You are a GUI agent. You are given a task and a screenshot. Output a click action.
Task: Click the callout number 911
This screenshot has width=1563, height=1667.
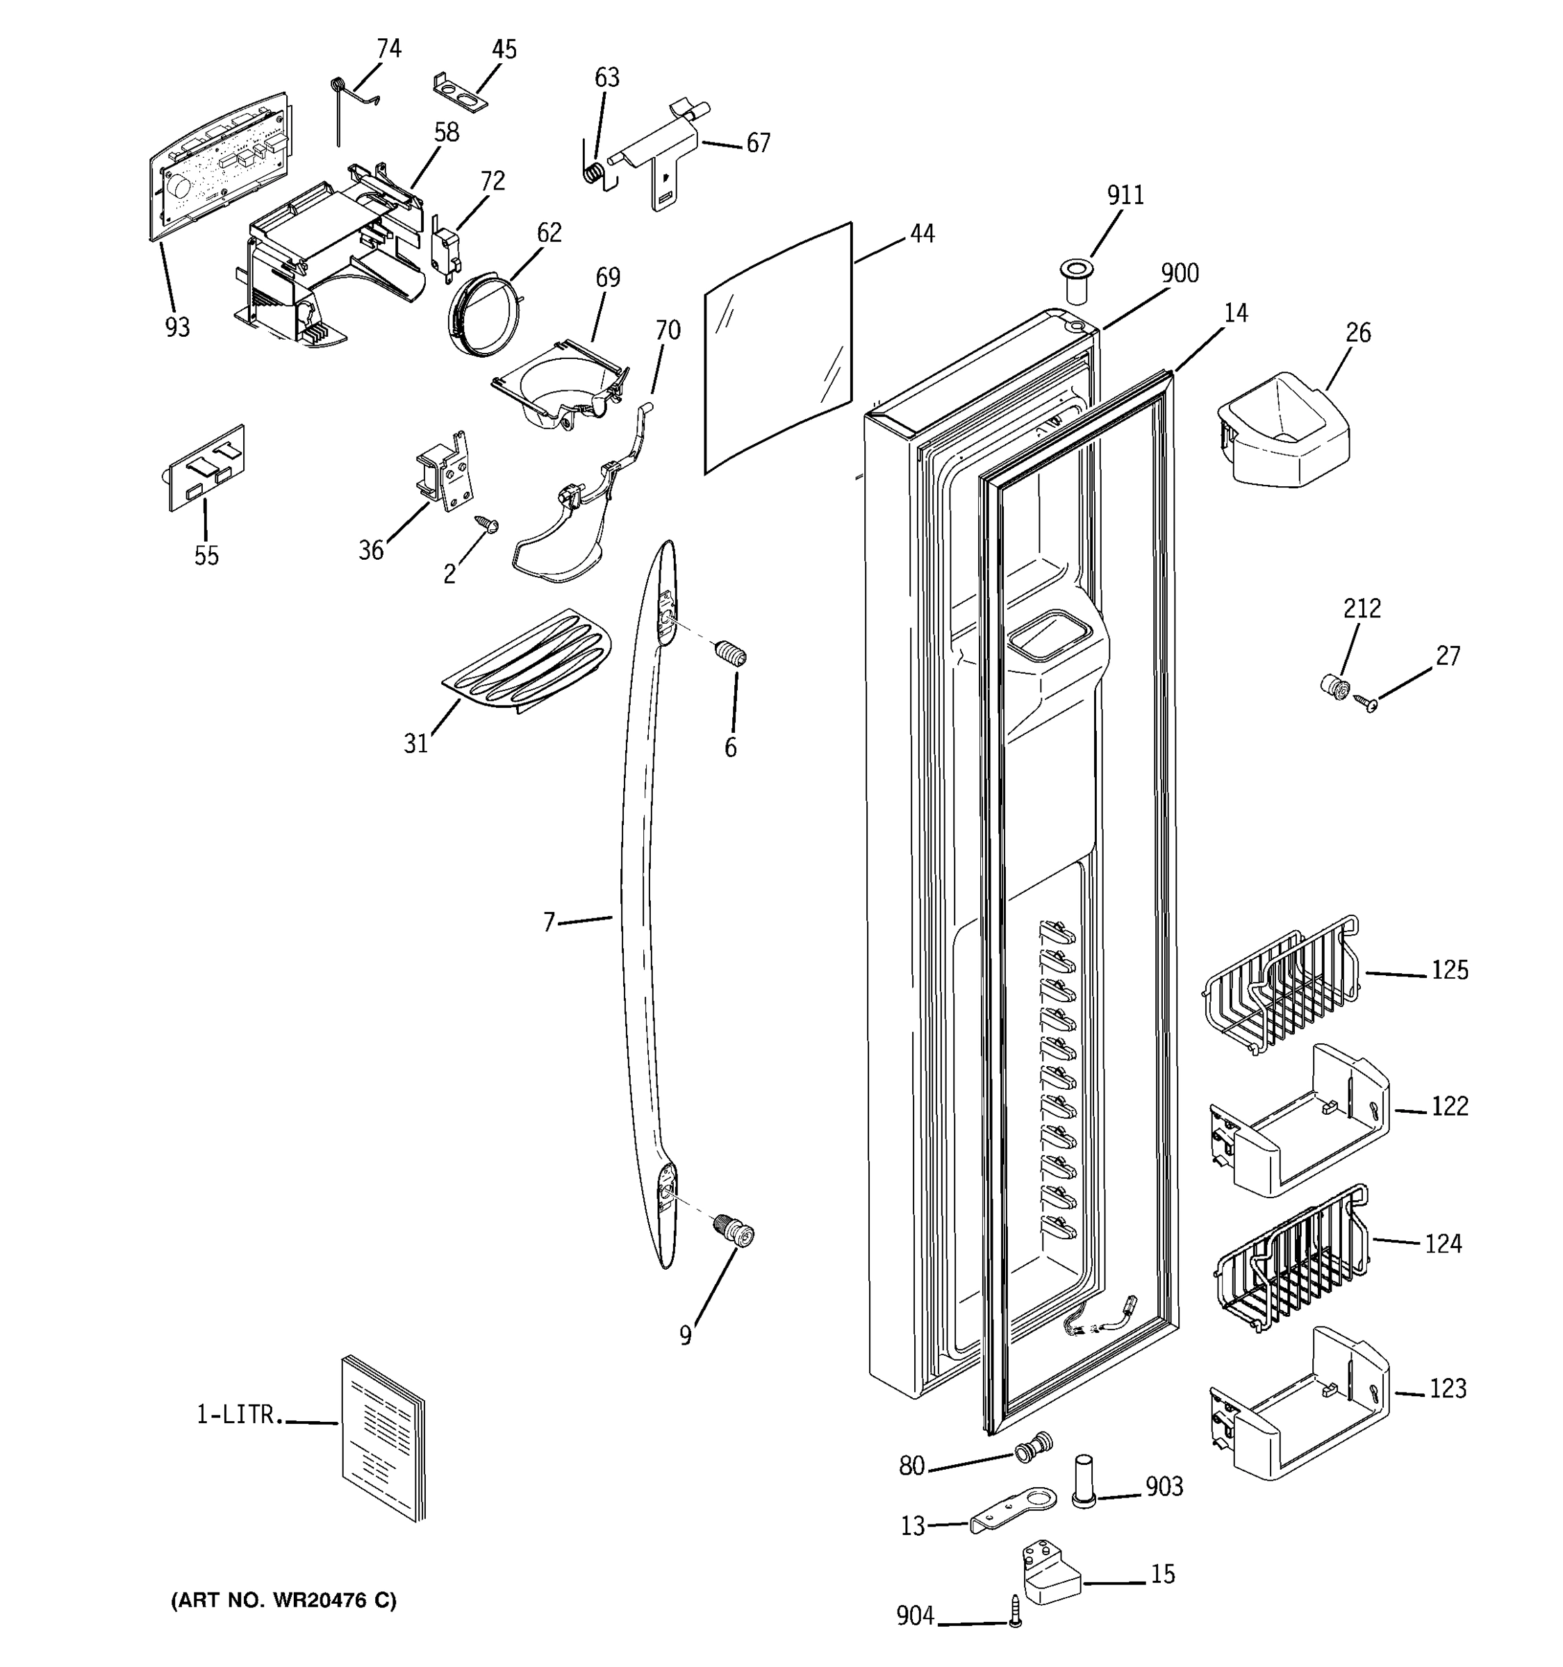[1125, 195]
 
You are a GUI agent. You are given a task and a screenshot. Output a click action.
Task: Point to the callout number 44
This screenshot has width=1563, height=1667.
[922, 234]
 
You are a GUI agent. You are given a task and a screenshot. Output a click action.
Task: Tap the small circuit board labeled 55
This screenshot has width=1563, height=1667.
[206, 468]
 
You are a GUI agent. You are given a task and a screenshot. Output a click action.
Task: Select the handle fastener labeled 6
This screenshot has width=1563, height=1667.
[730, 652]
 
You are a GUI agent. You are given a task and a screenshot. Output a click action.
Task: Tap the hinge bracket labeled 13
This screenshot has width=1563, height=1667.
[1012, 1509]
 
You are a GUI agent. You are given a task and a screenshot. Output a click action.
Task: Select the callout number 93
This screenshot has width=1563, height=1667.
[177, 327]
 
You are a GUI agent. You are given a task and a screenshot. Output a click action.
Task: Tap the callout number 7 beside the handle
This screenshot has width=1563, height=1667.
[549, 922]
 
